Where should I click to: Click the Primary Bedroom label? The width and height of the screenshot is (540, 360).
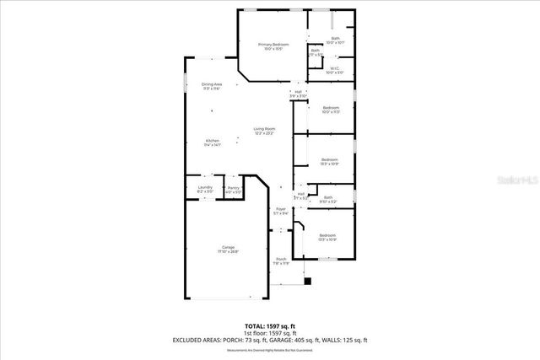273,45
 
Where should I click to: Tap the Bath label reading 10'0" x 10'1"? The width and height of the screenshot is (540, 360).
335,39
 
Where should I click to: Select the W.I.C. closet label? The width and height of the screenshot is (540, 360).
335,70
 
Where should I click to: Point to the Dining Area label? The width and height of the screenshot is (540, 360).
212,85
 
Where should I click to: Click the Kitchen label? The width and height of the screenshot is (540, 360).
212,141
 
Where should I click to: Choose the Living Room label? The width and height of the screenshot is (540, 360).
265,130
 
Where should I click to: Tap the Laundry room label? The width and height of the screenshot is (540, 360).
204,188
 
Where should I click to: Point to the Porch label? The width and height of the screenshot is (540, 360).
281,259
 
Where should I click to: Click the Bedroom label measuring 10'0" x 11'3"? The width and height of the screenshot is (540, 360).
330,108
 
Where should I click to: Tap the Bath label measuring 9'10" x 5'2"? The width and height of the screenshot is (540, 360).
328,198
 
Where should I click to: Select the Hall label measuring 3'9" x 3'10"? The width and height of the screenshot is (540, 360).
299,92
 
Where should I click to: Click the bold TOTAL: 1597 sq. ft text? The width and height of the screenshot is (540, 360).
270,325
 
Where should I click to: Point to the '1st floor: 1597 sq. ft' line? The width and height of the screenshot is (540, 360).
270,332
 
